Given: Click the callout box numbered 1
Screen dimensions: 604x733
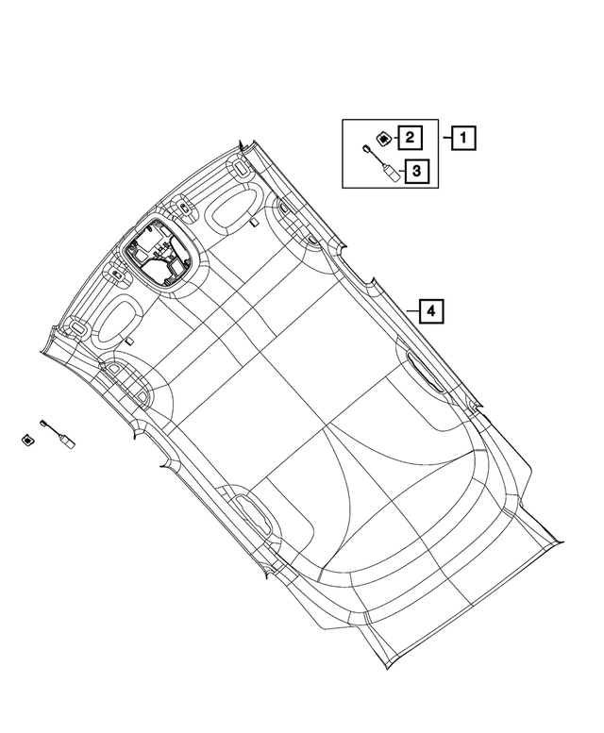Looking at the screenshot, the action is click(463, 138).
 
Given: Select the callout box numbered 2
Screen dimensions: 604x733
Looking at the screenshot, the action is click(410, 138).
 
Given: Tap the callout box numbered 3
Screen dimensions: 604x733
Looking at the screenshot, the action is click(416, 171).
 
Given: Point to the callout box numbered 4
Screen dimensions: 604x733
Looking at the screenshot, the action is click(430, 311).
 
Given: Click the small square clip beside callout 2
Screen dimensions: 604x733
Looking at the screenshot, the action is click(384, 139).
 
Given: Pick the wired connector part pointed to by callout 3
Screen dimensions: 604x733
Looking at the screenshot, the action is click(382, 163).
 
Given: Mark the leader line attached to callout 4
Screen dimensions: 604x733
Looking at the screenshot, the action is click(412, 311).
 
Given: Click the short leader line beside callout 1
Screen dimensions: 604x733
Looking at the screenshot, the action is click(447, 138).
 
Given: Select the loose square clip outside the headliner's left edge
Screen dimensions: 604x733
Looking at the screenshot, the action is click(28, 441).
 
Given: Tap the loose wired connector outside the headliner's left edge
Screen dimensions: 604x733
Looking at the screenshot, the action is click(58, 434).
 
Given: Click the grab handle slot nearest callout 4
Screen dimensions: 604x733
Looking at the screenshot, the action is click(425, 372).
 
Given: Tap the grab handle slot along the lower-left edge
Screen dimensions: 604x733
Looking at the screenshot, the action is click(252, 514).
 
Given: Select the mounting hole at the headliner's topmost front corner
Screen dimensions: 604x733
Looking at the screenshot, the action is click(241, 168).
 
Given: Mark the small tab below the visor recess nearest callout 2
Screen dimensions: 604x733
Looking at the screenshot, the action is click(254, 223).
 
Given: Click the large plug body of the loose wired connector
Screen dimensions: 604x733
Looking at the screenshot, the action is click(67, 441).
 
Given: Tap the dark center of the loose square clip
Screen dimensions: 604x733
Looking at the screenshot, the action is click(28, 441).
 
